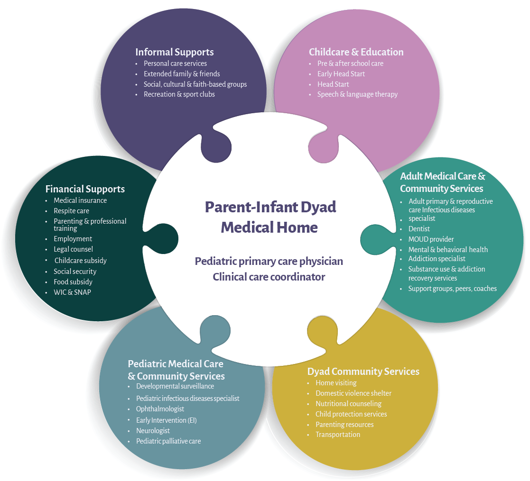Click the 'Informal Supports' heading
click(x=174, y=52)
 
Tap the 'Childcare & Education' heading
click(x=356, y=52)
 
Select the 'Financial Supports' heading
click(x=85, y=189)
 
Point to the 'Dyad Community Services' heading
click(x=363, y=371)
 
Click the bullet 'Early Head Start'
click(x=341, y=74)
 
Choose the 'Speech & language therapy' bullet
click(x=357, y=94)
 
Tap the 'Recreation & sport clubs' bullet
click(x=179, y=94)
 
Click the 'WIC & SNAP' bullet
click(x=72, y=292)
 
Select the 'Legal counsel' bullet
click(x=73, y=249)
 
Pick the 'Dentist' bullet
click(x=419, y=229)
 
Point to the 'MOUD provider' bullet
click(x=431, y=239)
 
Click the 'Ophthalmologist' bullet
click(x=160, y=409)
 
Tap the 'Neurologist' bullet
click(x=153, y=431)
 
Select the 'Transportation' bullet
click(x=337, y=435)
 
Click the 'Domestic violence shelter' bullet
click(x=353, y=393)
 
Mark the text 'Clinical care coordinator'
click(x=269, y=277)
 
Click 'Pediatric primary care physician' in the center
click(x=269, y=262)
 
